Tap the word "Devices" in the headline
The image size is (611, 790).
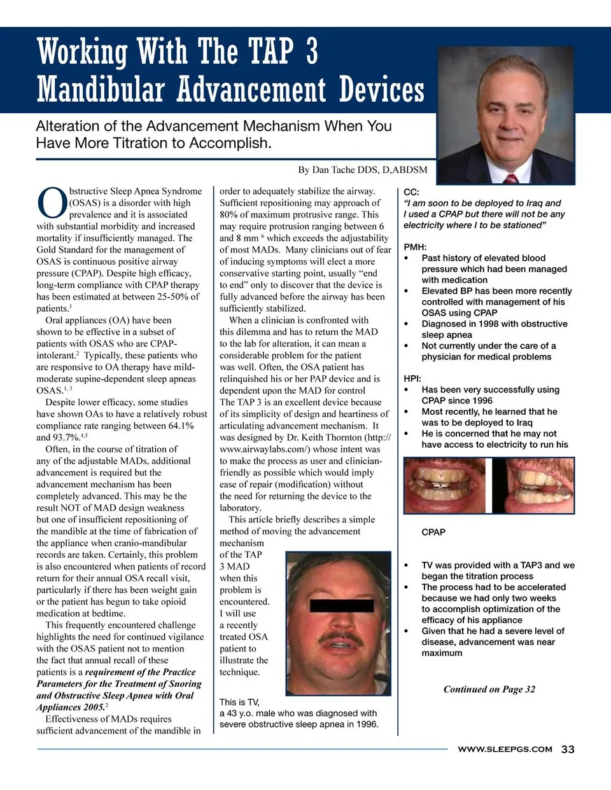(x=381, y=88)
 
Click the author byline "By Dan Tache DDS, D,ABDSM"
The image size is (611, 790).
(x=363, y=169)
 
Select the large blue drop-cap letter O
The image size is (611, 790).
(x=52, y=203)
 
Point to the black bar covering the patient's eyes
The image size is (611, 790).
(x=341, y=605)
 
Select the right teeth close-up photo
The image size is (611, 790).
(x=533, y=484)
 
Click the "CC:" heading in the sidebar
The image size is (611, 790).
(x=411, y=192)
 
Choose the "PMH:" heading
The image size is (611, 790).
(x=415, y=247)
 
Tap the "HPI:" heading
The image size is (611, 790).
(x=412, y=378)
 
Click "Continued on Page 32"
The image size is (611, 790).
(x=489, y=689)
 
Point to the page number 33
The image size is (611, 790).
(x=568, y=749)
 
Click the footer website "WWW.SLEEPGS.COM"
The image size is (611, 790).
(x=505, y=749)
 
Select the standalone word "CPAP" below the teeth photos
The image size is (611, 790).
(x=433, y=532)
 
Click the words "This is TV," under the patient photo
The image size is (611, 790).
(x=239, y=702)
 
